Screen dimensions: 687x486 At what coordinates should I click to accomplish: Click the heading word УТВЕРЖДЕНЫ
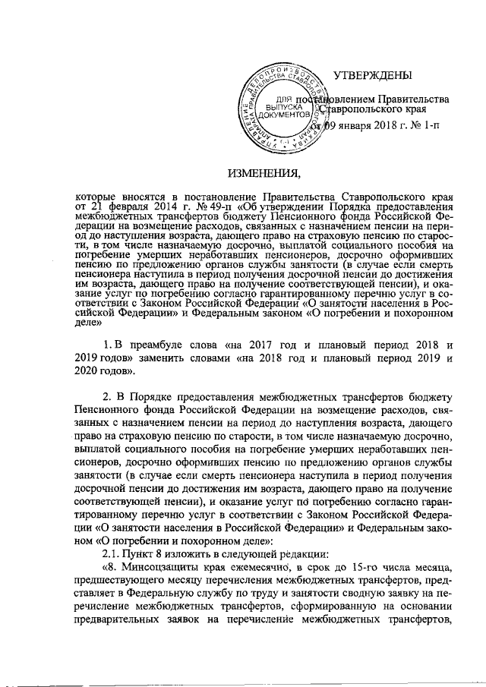[373, 75]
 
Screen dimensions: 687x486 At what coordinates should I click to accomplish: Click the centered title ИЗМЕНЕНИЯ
[266, 171]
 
